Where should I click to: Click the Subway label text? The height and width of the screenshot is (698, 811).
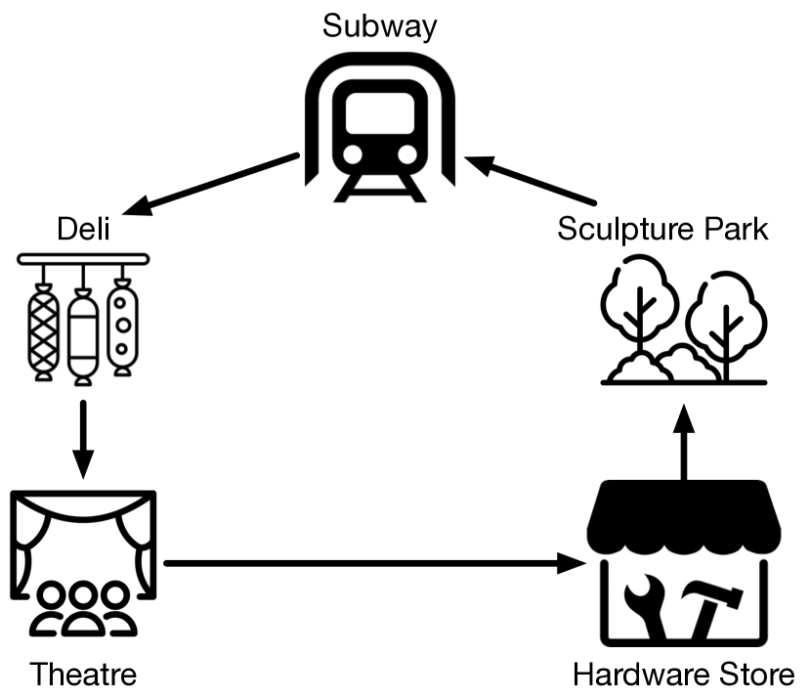pos(379,26)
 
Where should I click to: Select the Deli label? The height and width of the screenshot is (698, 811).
pos(82,232)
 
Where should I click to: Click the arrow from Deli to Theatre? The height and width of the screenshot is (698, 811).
pos(83,435)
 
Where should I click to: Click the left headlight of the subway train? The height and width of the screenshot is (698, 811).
pos(352,155)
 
